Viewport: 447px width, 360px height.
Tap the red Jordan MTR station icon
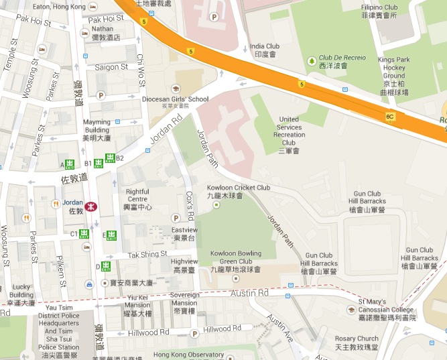[94, 206]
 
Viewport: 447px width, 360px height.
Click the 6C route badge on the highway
[389, 117]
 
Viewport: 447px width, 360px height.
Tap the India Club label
[264, 50]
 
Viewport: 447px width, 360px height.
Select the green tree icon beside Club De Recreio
[311, 62]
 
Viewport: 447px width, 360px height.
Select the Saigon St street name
[111, 67]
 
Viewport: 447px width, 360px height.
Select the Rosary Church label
[357, 343]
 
